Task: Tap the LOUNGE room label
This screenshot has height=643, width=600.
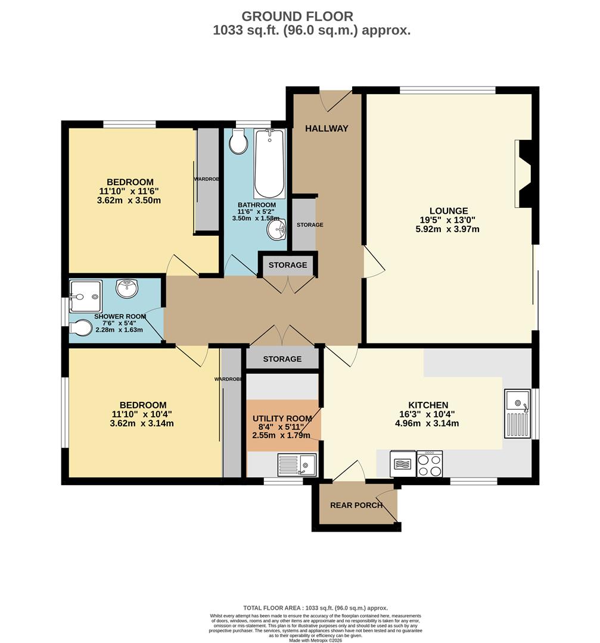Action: click(x=448, y=211)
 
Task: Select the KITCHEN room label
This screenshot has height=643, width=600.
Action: click(x=427, y=405)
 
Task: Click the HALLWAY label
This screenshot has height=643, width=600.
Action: click(x=327, y=129)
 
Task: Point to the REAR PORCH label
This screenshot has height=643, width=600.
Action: click(x=356, y=505)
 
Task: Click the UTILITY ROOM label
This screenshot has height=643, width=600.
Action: click(x=282, y=419)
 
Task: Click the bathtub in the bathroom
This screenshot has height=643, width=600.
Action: click(x=269, y=164)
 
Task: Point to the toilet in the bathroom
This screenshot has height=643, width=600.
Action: click(x=238, y=142)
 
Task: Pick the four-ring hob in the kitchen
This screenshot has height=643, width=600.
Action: click(x=429, y=464)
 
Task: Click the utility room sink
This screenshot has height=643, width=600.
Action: click(x=297, y=464)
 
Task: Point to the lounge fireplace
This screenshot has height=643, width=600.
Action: click(x=524, y=172)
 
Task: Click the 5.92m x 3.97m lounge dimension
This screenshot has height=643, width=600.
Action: click(x=448, y=229)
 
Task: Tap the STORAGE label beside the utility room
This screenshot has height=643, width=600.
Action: click(x=282, y=359)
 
